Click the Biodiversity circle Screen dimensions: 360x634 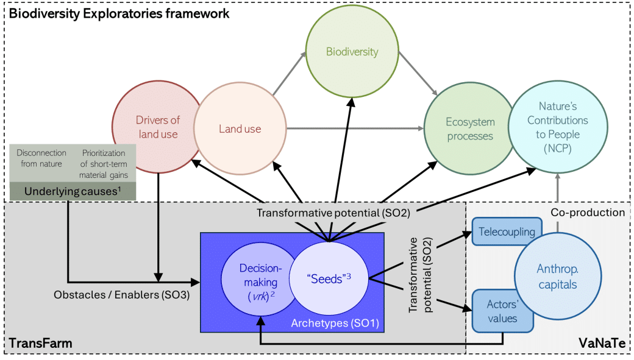click(352, 52)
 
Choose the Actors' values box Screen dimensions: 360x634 click(502, 311)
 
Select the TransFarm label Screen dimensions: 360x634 click(40, 344)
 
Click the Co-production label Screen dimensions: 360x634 click(588, 213)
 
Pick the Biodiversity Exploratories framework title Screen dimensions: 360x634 click(118, 13)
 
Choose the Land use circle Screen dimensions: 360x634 click(240, 129)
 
